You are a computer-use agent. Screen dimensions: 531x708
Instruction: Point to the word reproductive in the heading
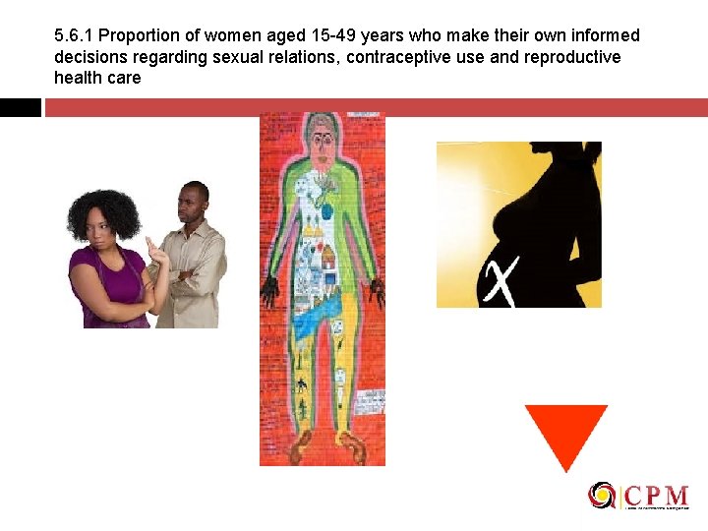(570, 57)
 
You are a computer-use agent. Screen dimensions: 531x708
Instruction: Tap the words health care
(97, 78)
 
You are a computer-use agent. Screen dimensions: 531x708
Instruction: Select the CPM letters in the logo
(654, 495)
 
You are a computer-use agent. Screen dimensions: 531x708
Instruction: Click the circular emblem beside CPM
(601, 496)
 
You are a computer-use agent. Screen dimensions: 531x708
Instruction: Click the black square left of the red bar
(20, 107)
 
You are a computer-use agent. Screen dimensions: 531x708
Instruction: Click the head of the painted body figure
(321, 132)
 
